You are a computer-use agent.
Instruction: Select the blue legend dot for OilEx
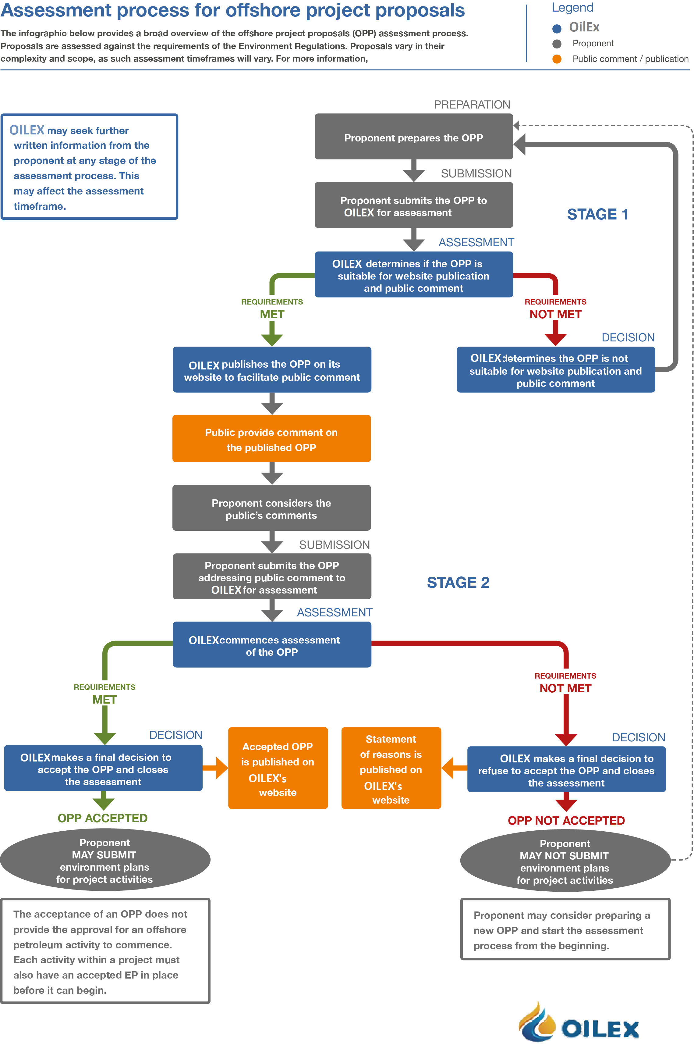click(557, 29)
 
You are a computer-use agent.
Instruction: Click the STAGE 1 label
click(597, 214)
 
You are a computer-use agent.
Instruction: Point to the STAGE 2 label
click(458, 582)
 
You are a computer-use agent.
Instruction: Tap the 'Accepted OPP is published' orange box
click(278, 768)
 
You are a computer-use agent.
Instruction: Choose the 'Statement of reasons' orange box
click(391, 768)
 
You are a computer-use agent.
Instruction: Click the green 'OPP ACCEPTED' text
click(103, 818)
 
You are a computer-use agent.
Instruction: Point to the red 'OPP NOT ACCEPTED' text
click(566, 821)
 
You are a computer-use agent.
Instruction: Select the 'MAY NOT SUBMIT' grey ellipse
click(565, 861)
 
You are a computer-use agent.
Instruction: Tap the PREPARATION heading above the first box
click(472, 105)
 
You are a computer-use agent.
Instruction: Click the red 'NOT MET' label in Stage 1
click(555, 314)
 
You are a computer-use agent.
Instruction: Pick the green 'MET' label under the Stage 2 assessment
click(104, 700)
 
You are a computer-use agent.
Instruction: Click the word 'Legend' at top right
click(572, 8)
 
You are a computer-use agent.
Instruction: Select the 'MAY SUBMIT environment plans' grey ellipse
click(105, 860)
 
